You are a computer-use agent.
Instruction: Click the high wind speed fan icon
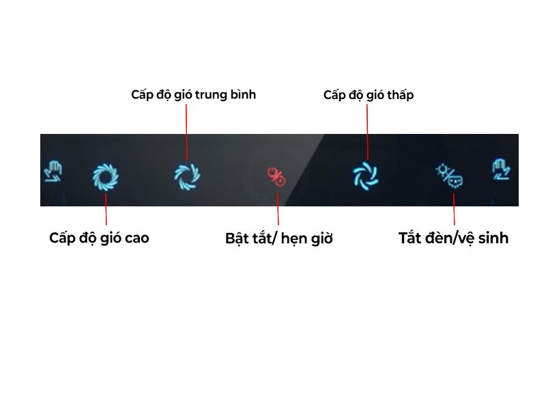[106, 176]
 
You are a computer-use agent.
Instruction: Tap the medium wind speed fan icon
[187, 176]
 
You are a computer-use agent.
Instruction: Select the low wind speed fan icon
[366, 175]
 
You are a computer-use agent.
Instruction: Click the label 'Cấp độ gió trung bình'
[193, 94]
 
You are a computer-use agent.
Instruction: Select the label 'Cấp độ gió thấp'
[369, 95]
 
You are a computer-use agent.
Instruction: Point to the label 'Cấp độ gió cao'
[99, 238]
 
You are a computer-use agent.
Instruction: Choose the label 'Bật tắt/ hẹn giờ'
[278, 239]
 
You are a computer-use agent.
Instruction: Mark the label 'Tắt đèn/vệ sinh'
[453, 238]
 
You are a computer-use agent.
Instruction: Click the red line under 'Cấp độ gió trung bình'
[186, 130]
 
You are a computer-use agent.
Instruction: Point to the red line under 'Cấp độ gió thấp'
[368, 130]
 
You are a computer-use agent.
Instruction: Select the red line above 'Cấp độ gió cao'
[106, 210]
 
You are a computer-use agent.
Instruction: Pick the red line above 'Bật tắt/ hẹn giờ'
[278, 210]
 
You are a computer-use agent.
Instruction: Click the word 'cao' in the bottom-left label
[135, 238]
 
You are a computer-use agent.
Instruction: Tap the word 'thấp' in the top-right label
[400, 95]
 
